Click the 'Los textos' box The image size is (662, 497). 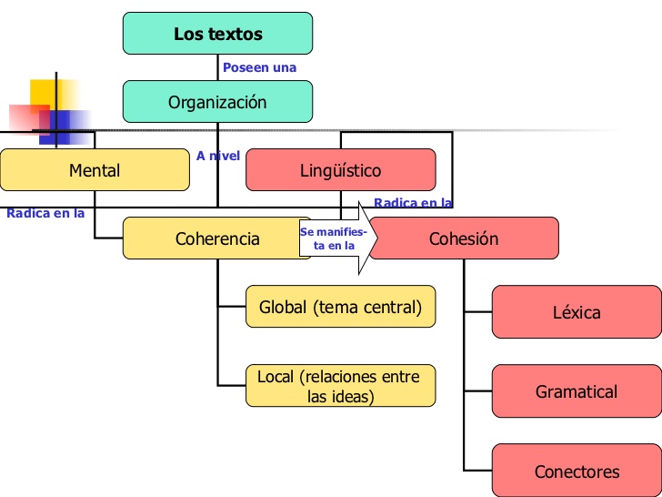tap(217, 34)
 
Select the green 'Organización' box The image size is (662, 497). tap(217, 102)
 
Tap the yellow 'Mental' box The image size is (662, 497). tap(95, 170)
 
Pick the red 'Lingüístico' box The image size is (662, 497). tap(340, 170)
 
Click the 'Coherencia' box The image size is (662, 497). tap(217, 238)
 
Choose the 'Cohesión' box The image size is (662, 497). tap(464, 238)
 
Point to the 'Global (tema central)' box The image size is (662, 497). tap(340, 307)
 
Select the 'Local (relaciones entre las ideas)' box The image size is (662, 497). tap(340, 386)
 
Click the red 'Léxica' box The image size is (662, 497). tap(577, 312)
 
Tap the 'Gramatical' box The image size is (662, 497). tap(577, 391)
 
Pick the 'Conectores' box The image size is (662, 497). tap(577, 472)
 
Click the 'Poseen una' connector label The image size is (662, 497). tap(260, 67)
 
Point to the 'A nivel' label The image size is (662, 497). tap(218, 156)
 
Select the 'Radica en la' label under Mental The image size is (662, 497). tap(45, 213)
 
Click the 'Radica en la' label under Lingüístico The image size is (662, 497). tap(413, 203)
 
